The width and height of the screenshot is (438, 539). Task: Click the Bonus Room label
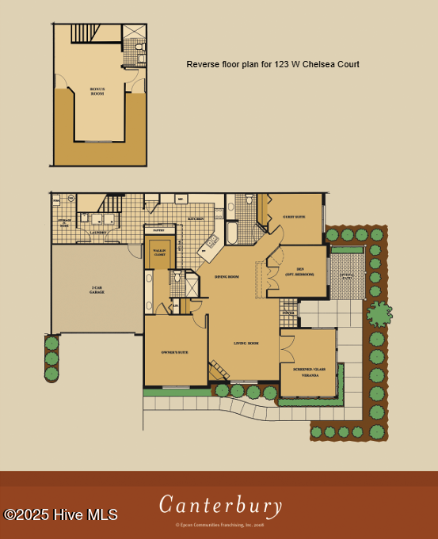click(97, 90)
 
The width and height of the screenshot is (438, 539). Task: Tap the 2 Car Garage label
click(97, 290)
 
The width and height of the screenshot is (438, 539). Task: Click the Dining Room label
click(227, 276)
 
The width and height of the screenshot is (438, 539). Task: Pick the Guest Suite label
click(294, 216)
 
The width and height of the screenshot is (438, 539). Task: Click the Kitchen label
click(196, 218)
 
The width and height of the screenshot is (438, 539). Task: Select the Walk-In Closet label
click(158, 252)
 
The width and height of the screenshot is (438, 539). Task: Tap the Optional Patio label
click(347, 275)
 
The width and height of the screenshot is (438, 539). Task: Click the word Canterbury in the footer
click(220, 504)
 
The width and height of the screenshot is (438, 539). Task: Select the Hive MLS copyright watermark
click(61, 514)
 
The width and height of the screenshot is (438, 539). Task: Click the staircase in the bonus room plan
click(84, 33)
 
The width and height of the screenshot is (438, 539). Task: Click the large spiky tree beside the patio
click(379, 313)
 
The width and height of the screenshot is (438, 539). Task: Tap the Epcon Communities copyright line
click(219, 524)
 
